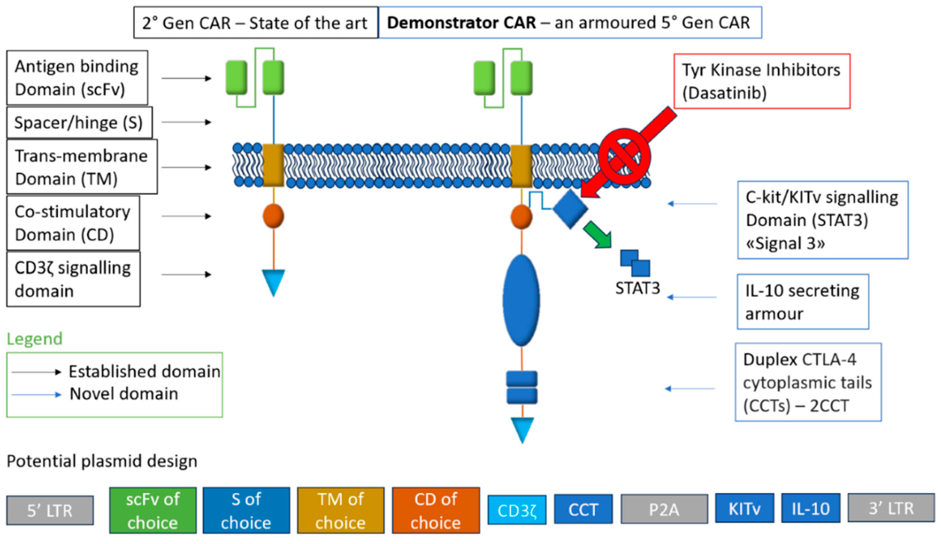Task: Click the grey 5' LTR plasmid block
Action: click(x=50, y=510)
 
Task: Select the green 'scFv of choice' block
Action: click(x=153, y=510)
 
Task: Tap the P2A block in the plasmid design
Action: click(x=664, y=509)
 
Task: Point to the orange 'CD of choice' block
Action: click(x=436, y=510)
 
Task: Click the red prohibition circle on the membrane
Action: click(x=624, y=156)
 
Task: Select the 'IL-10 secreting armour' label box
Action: click(x=803, y=302)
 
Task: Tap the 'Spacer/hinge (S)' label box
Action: click(x=79, y=122)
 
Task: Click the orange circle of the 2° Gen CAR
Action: click(x=273, y=216)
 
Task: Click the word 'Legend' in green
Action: click(x=34, y=339)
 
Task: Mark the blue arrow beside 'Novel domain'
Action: click(x=36, y=395)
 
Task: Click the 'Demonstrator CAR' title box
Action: click(x=570, y=23)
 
